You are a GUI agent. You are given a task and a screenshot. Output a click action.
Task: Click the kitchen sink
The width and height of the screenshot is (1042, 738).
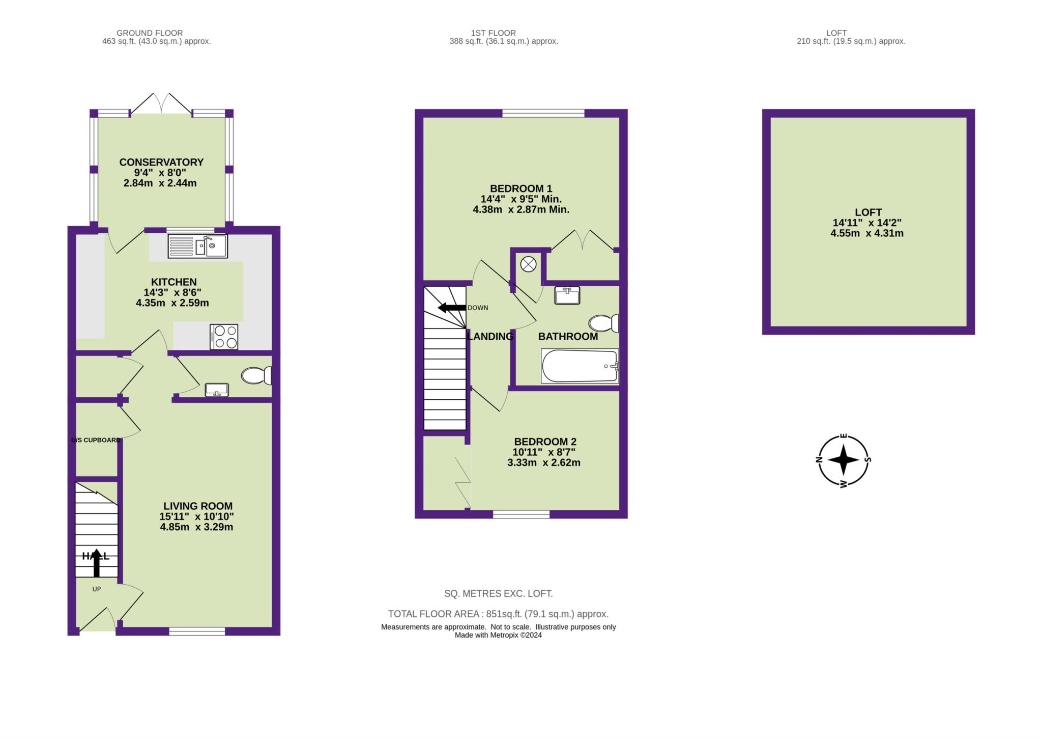[x=197, y=246]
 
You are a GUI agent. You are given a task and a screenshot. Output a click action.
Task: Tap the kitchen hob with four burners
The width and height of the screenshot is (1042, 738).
[x=224, y=337]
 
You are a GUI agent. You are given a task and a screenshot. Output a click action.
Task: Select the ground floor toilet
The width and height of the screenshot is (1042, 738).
[x=256, y=376]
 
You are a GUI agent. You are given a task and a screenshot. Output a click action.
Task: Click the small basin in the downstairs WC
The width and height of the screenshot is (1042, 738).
[x=217, y=390]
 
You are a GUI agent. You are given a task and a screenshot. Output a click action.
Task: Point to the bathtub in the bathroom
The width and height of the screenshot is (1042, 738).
[x=580, y=366]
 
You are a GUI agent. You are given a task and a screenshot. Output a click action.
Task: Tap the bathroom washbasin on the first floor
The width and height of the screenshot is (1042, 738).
[x=567, y=295]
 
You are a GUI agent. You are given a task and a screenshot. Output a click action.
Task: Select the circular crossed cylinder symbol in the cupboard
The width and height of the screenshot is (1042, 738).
[x=529, y=264]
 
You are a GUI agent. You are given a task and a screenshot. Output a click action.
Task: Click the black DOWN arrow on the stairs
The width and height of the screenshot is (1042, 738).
[x=452, y=308]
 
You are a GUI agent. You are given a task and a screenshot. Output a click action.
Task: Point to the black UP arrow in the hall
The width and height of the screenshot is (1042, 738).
[x=97, y=562]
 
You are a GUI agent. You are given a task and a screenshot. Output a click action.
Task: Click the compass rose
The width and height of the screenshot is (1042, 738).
[x=844, y=460]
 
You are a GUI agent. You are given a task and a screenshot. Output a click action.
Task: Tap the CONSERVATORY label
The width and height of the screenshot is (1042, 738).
[x=161, y=162]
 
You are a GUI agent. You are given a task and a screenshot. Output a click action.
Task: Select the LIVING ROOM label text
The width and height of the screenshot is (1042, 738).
[x=198, y=506]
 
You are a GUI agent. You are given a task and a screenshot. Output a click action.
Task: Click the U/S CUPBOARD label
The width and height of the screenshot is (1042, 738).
[x=96, y=440]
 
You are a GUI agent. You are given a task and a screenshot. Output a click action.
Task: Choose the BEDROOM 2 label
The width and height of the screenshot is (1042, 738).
[x=545, y=442]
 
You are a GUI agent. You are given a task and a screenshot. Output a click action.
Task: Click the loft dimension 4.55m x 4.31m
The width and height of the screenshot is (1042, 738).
[x=867, y=233]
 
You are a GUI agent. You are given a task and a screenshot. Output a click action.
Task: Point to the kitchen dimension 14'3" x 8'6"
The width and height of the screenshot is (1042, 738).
[x=173, y=292]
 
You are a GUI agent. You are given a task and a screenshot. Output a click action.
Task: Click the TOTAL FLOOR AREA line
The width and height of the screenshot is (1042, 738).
[x=498, y=614]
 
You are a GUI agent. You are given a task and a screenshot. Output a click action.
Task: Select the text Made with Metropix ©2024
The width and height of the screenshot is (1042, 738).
[x=498, y=635]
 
